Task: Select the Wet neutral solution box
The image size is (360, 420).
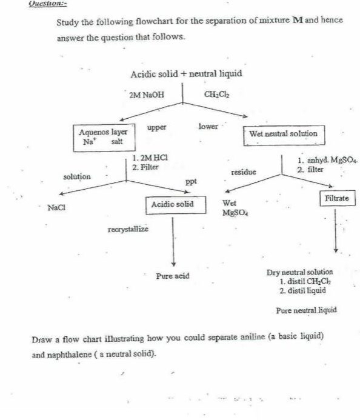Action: click(x=283, y=133)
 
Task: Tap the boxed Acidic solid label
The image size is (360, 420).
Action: click(x=173, y=204)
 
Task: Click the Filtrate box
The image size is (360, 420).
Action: click(x=336, y=198)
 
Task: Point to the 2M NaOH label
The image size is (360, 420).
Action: click(x=146, y=95)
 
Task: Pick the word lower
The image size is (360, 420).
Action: click(x=208, y=127)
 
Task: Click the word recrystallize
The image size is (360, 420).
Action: click(x=127, y=230)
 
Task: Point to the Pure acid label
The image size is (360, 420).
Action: click(x=173, y=276)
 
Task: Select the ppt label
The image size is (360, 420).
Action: click(x=190, y=182)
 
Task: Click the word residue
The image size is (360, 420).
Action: click(x=244, y=172)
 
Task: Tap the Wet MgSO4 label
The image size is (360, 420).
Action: click(x=233, y=208)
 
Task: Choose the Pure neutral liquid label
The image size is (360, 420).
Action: click(x=306, y=310)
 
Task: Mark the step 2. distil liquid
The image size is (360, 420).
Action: click(x=302, y=290)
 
